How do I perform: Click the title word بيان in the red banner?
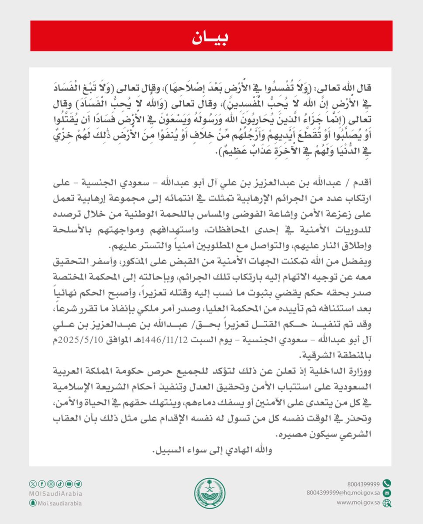(x=211, y=37)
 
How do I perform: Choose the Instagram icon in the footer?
(x=51, y=483)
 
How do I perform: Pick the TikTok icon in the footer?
(x=60, y=483)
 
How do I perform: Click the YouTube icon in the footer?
(x=69, y=483)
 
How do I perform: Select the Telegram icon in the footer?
(x=78, y=483)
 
